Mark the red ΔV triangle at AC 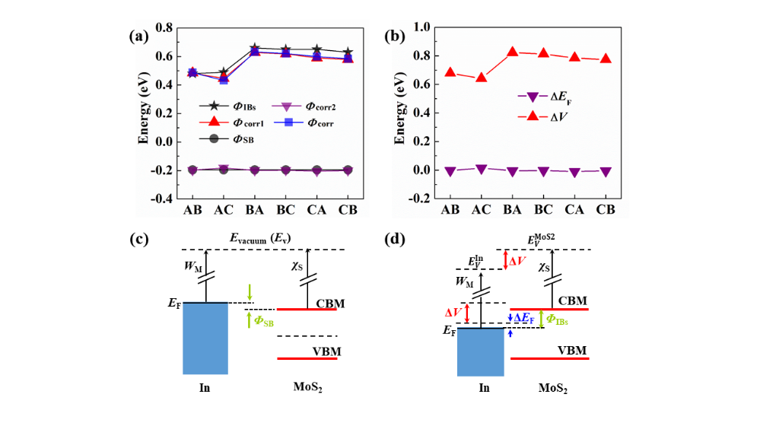tap(481, 78)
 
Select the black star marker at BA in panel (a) tap(255, 49)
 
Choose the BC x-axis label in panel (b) tap(543, 210)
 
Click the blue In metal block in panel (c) tap(205, 339)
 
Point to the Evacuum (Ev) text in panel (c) tap(267, 238)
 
